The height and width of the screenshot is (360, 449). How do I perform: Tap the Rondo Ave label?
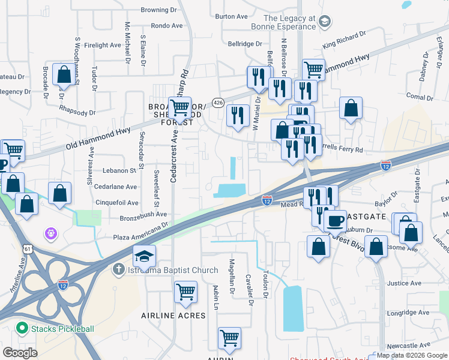pyautogui.click(x=167, y=26)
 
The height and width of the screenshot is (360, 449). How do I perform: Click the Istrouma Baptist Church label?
pyautogui.click(x=173, y=271)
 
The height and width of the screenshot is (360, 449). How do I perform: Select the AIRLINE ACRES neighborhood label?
pyautogui.click(x=173, y=316)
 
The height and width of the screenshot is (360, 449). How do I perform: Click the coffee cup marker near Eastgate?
pyautogui.click(x=335, y=220)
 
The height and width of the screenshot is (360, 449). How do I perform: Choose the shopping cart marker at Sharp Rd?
pyautogui.click(x=179, y=108)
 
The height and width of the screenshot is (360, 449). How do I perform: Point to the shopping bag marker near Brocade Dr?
pyautogui.click(x=63, y=75)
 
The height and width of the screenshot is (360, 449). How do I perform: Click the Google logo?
pyautogui.click(x=20, y=353)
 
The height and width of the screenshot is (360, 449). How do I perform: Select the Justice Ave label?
pyautogui.click(x=402, y=283)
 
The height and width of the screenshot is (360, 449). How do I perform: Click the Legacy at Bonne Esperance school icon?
pyautogui.click(x=325, y=23)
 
